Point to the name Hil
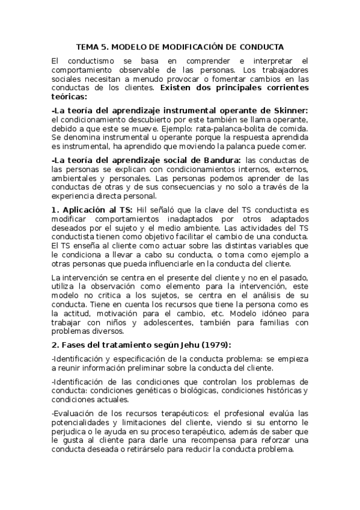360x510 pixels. click(142, 210)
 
